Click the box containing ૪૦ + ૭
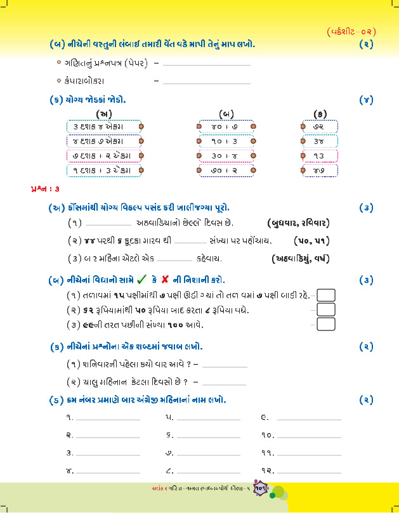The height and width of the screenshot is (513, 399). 225,126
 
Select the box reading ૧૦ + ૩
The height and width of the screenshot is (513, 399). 225,141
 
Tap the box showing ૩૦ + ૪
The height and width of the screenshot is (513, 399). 225,155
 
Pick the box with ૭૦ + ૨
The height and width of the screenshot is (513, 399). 225,170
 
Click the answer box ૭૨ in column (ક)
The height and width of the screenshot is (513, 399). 319,126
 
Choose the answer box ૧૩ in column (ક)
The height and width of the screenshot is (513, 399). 319,155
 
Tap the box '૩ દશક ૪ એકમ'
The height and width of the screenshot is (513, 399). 103,126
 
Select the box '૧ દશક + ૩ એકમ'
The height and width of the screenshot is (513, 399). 103,170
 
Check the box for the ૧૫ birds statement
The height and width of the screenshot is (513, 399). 325,295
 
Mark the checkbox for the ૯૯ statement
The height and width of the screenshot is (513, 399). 325,324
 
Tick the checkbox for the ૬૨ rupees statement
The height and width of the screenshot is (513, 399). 325,309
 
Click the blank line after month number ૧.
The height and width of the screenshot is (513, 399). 107,419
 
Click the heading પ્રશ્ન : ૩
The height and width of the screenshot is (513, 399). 45,189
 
